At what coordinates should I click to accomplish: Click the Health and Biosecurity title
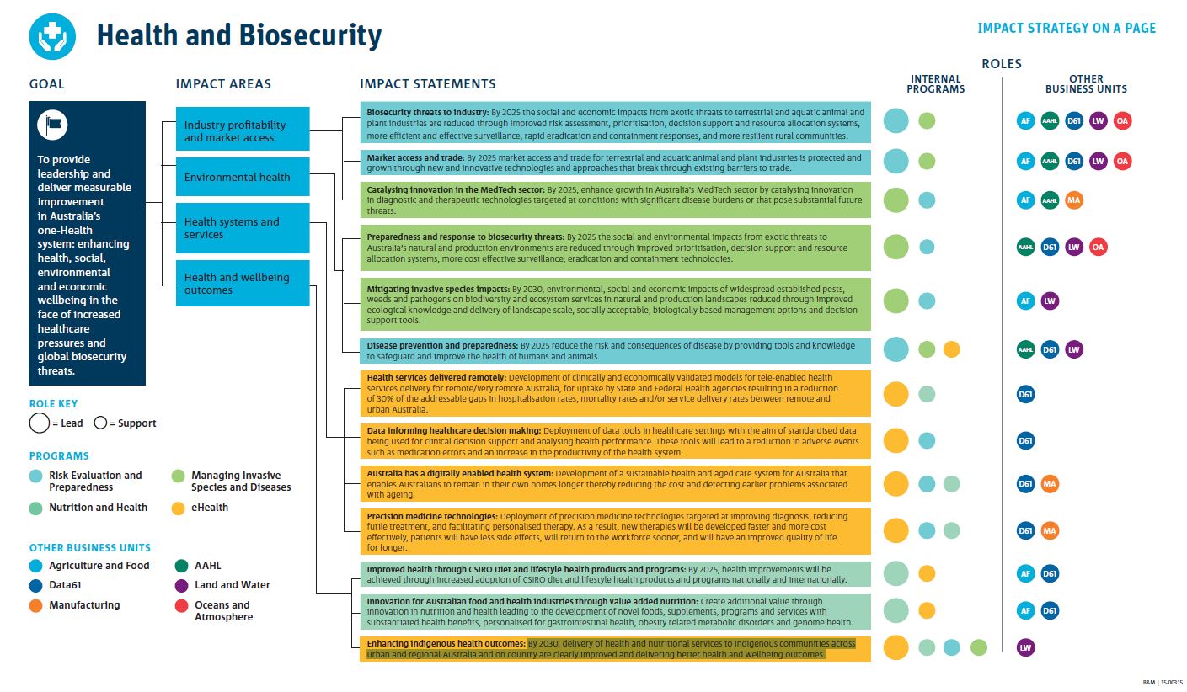point(239,35)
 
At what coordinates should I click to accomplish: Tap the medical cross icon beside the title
point(52,35)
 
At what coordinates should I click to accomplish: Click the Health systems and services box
point(243,228)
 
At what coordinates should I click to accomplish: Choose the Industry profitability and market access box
point(243,130)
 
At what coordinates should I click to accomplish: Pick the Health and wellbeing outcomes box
point(243,284)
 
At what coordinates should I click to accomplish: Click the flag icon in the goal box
point(52,125)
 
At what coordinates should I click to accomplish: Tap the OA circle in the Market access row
point(1122,161)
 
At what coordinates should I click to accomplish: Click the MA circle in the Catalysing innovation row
point(1073,200)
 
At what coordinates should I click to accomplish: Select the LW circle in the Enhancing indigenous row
point(1025,647)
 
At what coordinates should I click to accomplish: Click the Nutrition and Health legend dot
point(36,508)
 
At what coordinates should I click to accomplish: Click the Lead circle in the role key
point(40,423)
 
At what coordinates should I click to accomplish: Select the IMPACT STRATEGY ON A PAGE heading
point(1066,29)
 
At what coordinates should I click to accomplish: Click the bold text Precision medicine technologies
point(432,516)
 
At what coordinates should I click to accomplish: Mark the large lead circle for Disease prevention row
point(896,349)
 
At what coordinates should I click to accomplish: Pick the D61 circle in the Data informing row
point(1025,440)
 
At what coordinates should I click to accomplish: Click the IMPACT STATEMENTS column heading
point(427,84)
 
